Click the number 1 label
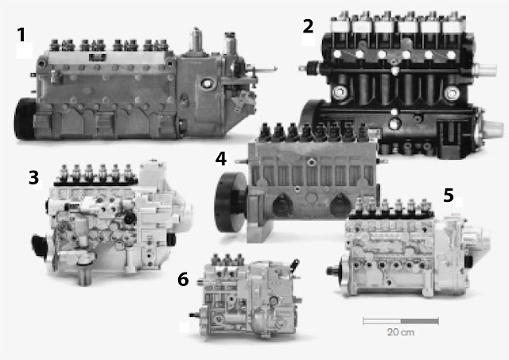coord(21,35)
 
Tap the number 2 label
coord(308,26)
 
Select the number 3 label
coord(33,178)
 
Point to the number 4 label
coord(221,159)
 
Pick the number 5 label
coord(449,195)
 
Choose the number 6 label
coord(183,279)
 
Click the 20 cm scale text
coord(401,332)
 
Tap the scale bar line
coord(401,321)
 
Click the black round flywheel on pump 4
coord(229,202)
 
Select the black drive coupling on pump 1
coord(25,118)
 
